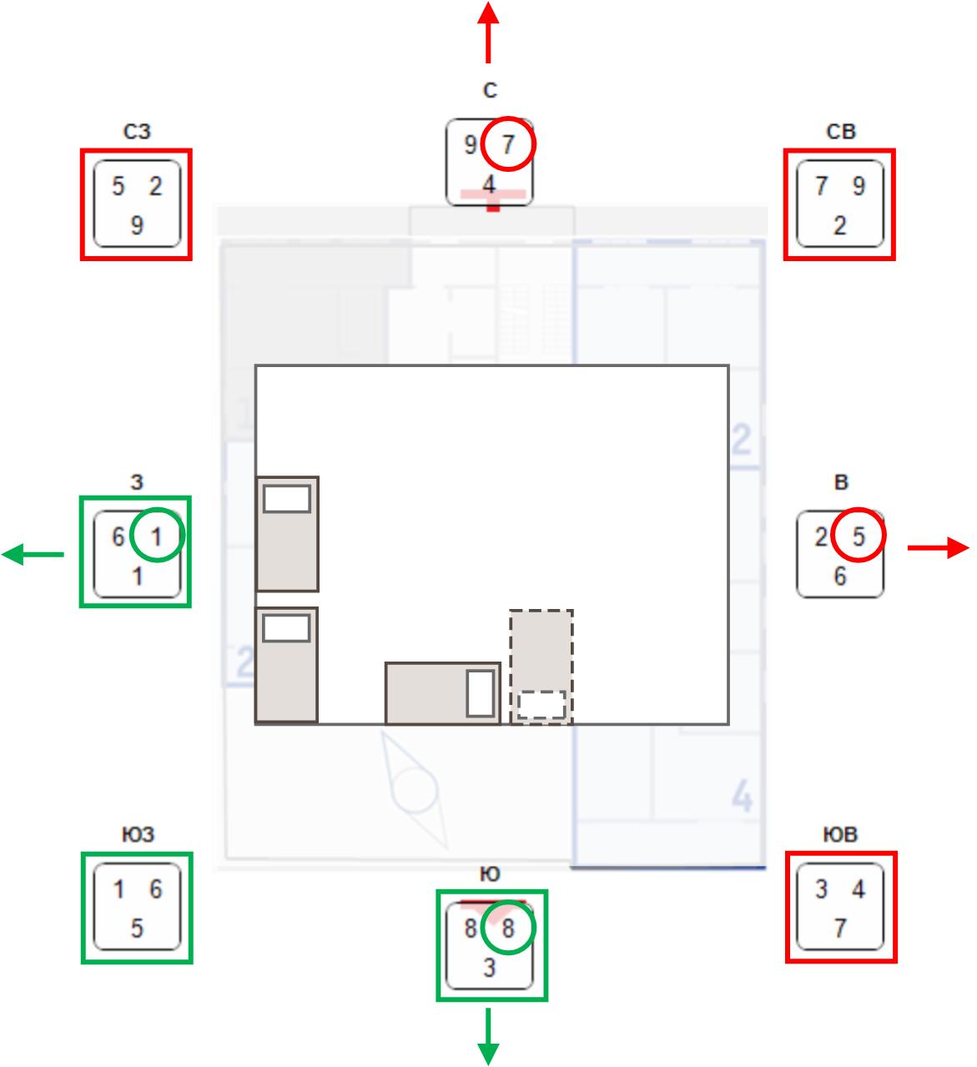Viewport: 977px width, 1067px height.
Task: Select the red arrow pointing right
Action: pos(939,548)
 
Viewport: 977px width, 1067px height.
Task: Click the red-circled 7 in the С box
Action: pos(508,145)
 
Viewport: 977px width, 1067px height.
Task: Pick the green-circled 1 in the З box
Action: pos(157,536)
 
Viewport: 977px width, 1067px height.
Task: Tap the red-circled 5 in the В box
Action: pos(859,536)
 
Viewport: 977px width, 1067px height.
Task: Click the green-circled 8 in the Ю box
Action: pos(507,928)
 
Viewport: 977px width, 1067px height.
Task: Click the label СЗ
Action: pos(137,132)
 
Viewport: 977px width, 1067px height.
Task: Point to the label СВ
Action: pos(840,132)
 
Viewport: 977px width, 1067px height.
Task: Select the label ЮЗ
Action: pos(137,835)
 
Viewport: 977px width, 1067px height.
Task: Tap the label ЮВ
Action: pos(840,835)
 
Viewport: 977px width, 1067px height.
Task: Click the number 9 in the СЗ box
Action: pos(137,225)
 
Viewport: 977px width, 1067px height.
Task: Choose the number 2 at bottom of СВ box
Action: pos(839,225)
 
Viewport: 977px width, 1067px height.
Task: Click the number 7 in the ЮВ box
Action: pos(839,929)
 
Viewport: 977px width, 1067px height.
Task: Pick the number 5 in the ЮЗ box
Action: pos(137,929)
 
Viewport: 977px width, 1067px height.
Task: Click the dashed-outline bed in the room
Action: pos(541,666)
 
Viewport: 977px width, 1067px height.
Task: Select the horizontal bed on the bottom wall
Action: pos(442,692)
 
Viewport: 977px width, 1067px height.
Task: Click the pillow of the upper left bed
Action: pos(287,499)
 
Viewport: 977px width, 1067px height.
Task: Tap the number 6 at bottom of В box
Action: pos(839,576)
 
